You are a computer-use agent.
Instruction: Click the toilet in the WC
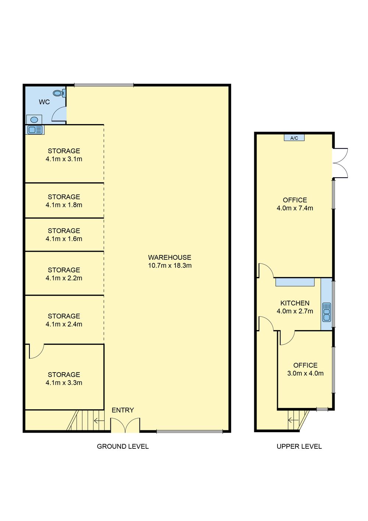(x=59, y=93)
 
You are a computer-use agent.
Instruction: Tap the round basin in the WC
(x=34, y=120)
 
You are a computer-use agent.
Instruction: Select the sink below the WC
(x=35, y=130)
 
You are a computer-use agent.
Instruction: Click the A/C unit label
(x=294, y=138)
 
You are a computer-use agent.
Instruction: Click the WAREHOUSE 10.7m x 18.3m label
(x=170, y=261)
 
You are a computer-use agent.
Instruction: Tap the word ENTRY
(x=123, y=410)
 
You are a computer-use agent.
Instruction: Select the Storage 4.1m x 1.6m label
(x=64, y=235)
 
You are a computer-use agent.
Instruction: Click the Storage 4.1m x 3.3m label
(x=64, y=379)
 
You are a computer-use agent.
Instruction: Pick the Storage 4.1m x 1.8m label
(x=64, y=201)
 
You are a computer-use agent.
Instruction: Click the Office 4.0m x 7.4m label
(x=295, y=204)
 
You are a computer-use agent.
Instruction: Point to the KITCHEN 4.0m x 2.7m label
(x=295, y=307)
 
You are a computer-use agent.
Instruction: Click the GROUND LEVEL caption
(x=123, y=446)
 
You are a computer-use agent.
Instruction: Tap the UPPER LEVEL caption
(x=299, y=446)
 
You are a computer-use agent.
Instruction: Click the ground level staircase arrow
(x=99, y=420)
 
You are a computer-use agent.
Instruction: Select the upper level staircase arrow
(x=293, y=420)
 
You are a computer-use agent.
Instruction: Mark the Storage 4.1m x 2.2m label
(x=64, y=274)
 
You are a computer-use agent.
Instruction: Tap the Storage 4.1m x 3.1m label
(x=64, y=155)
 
